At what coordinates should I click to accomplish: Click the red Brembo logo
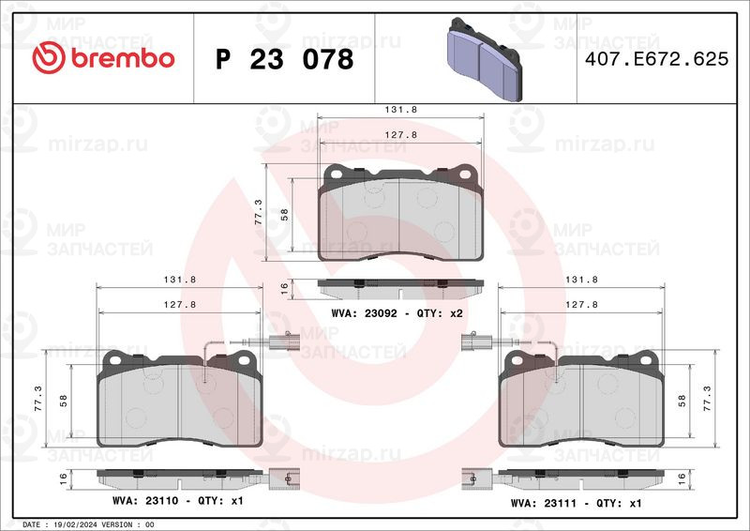103,58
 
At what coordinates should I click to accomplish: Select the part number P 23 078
285,59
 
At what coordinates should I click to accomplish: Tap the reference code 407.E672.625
657,59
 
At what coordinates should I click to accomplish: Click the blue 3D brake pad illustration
484,59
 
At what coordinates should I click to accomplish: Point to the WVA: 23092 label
364,313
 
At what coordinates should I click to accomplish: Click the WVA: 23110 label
145,501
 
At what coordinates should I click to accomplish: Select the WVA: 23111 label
544,503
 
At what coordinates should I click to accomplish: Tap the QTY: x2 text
440,313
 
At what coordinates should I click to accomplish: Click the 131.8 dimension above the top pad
401,110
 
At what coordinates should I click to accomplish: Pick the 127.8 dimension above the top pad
401,135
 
